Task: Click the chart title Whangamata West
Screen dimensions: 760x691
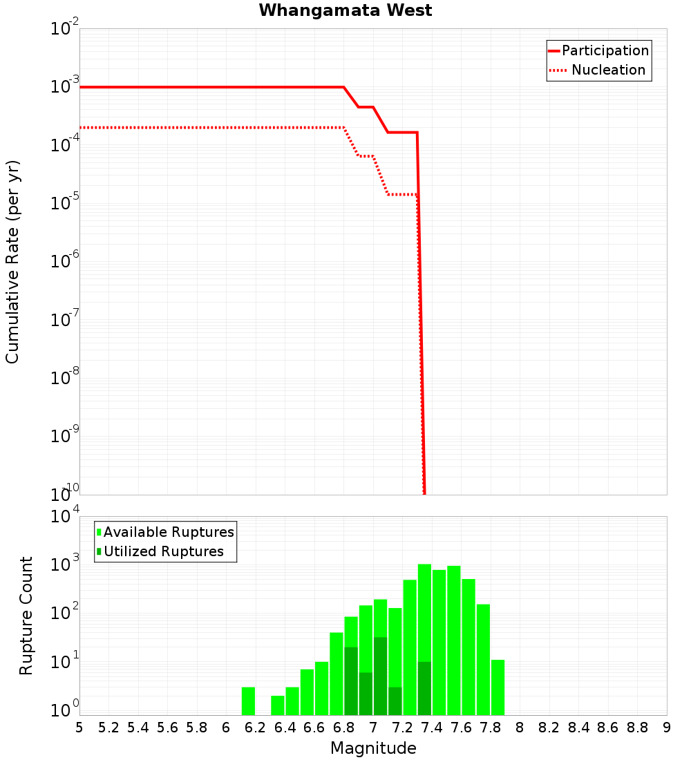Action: (x=345, y=10)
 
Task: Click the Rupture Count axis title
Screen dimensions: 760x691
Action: (x=26, y=616)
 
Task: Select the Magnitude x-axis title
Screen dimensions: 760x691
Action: (x=373, y=748)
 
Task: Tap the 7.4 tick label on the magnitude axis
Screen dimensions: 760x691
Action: (x=432, y=728)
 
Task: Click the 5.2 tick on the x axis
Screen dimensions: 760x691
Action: (x=108, y=728)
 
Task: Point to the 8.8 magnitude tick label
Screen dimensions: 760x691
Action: (x=637, y=728)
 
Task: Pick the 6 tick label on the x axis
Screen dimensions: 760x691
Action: (x=226, y=728)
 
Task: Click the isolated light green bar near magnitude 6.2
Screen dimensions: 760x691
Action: (x=248, y=701)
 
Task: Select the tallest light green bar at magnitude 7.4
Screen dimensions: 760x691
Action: (x=424, y=608)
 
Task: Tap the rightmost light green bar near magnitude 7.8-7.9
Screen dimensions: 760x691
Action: (x=498, y=687)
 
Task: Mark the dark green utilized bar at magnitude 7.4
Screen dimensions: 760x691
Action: (x=424, y=688)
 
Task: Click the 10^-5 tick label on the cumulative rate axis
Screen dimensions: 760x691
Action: (x=65, y=204)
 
